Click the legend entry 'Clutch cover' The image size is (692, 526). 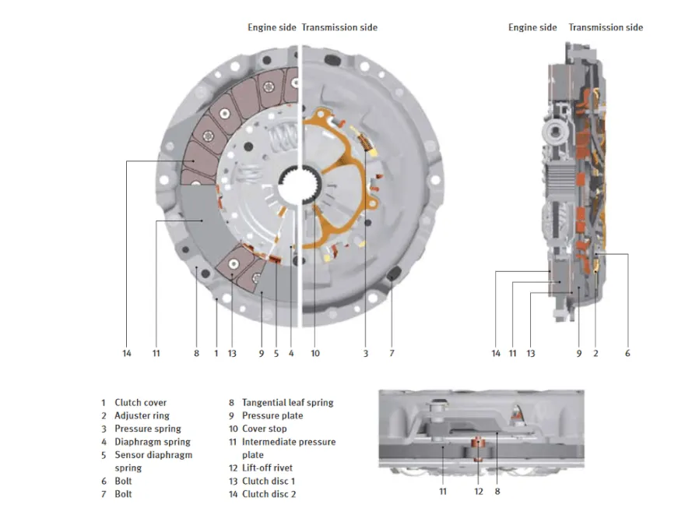tap(140, 403)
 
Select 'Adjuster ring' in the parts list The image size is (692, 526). tap(141, 416)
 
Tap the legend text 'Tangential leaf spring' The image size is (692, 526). tap(287, 403)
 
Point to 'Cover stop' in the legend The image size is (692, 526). tap(264, 429)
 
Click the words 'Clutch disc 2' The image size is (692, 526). tap(269, 494)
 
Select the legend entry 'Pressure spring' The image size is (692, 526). tap(147, 429)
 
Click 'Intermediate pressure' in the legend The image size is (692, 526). tap(289, 442)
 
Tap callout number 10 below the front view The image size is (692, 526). tap(315, 354)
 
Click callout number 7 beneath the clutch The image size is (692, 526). tap(392, 354)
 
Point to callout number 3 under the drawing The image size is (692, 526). tap(365, 354)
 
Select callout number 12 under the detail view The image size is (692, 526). tap(479, 492)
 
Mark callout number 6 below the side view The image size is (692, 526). tap(627, 354)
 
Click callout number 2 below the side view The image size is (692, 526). tap(595, 354)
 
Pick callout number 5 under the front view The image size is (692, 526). tap(276, 354)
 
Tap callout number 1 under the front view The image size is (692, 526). tap(216, 354)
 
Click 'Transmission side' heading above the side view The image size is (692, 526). tap(606, 27)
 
